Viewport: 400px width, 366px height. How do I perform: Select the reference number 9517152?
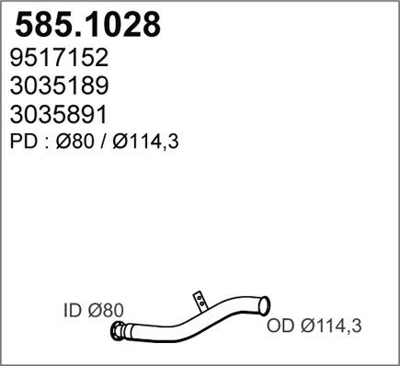tap(60, 59)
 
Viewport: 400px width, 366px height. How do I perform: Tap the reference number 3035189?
tap(60, 87)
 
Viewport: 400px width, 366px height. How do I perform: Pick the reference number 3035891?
tap(60, 115)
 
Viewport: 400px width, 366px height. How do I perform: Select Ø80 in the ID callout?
tap(103, 312)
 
